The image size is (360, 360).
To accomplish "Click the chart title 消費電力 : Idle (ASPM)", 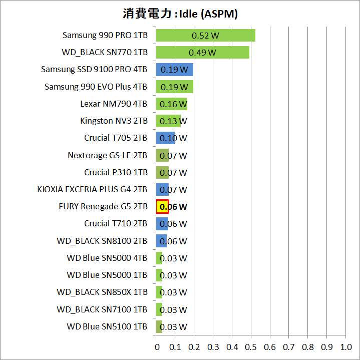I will point(180,14).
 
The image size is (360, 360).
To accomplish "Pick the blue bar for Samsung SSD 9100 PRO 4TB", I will point(174,70).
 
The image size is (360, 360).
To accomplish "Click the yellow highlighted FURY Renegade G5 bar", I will point(162,206).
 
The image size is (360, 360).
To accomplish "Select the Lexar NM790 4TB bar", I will point(171,104).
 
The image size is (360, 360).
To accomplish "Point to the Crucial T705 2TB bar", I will point(165,138).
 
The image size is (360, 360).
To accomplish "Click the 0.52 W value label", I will point(205,36).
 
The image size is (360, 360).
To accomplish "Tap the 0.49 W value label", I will point(202,53).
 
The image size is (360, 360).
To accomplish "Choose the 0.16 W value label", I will point(173,104).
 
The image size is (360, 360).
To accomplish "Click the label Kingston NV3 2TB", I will point(114,121).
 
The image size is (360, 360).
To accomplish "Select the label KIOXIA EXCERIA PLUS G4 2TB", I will point(92,189).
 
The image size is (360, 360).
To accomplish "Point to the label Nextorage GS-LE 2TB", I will point(107,155).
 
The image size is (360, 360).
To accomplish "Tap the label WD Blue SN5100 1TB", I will point(107,326).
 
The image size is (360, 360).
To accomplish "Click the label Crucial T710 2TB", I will point(116,223).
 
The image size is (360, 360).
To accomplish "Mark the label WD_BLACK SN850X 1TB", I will point(102,292).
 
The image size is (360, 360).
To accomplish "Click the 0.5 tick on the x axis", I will point(251,346).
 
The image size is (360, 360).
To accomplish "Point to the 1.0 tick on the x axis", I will point(345,346).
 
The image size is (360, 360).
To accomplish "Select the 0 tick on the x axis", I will point(156,346).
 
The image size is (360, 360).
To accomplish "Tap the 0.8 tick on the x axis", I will point(308,346).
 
